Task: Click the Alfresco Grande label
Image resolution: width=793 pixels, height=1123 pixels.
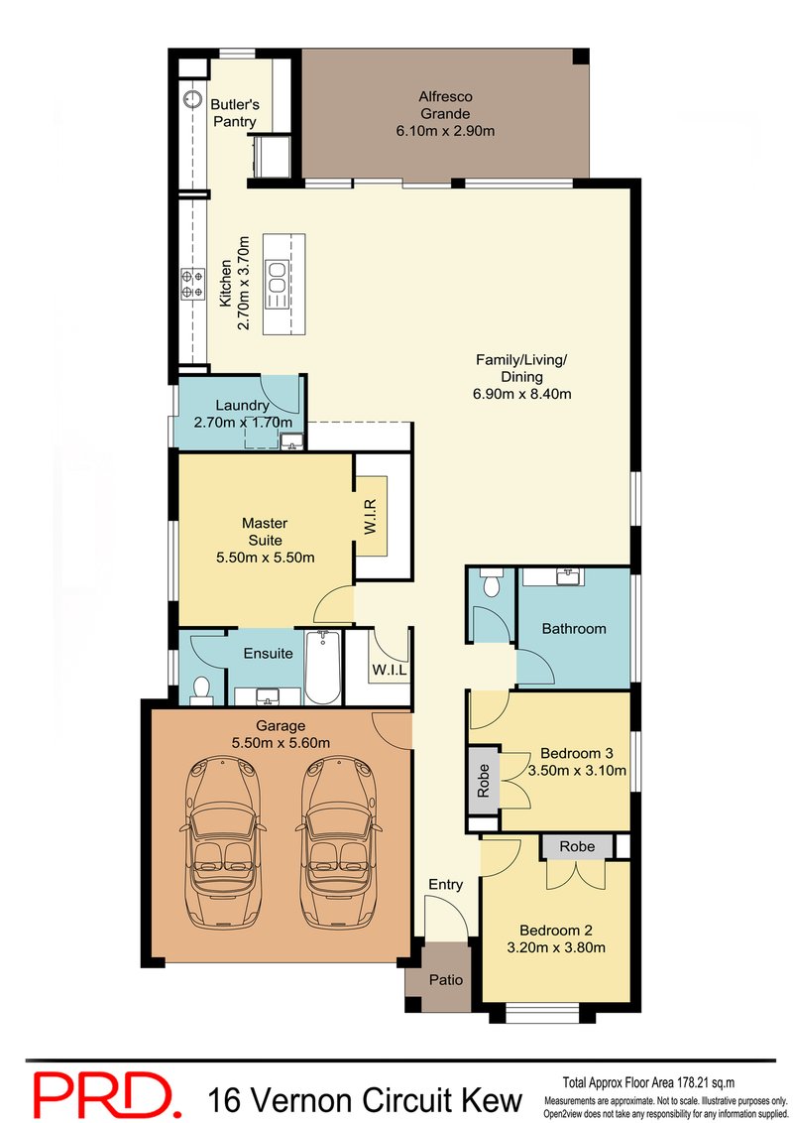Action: coord(444,113)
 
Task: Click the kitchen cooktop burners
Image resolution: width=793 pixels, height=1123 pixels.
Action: coord(190,285)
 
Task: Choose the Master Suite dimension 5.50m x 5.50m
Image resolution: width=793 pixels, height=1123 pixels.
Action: coord(265,557)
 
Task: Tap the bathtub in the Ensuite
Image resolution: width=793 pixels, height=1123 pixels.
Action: coord(322,667)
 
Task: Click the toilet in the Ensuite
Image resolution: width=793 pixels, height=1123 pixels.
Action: coord(201,687)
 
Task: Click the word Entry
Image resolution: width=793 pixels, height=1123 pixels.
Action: coord(445,884)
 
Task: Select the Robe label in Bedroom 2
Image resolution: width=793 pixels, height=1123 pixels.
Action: coord(577,846)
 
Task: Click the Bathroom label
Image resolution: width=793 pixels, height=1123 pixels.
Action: coord(573,628)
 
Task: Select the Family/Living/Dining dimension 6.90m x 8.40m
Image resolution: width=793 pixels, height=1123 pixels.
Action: coord(521,394)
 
